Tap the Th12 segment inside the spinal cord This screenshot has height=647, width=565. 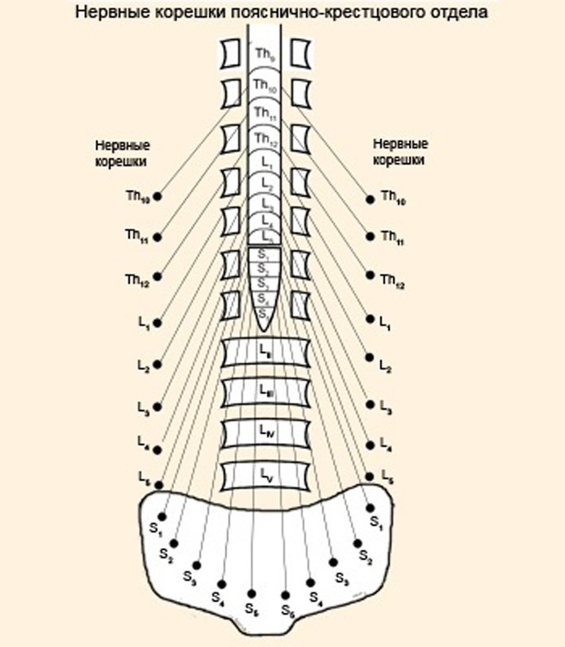pyautogui.click(x=263, y=139)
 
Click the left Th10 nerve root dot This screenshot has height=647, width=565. pyautogui.click(x=158, y=196)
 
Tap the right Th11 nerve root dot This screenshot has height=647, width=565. pyautogui.click(x=370, y=236)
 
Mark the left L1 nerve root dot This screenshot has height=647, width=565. pyautogui.click(x=158, y=323)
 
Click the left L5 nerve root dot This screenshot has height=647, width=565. pyautogui.click(x=158, y=485)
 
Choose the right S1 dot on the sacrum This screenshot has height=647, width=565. pyautogui.click(x=370, y=507)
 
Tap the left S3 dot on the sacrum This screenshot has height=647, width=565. pyautogui.click(x=197, y=565)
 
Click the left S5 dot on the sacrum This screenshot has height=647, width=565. pyautogui.click(x=252, y=594)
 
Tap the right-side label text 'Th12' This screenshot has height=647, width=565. pyautogui.click(x=393, y=280)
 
